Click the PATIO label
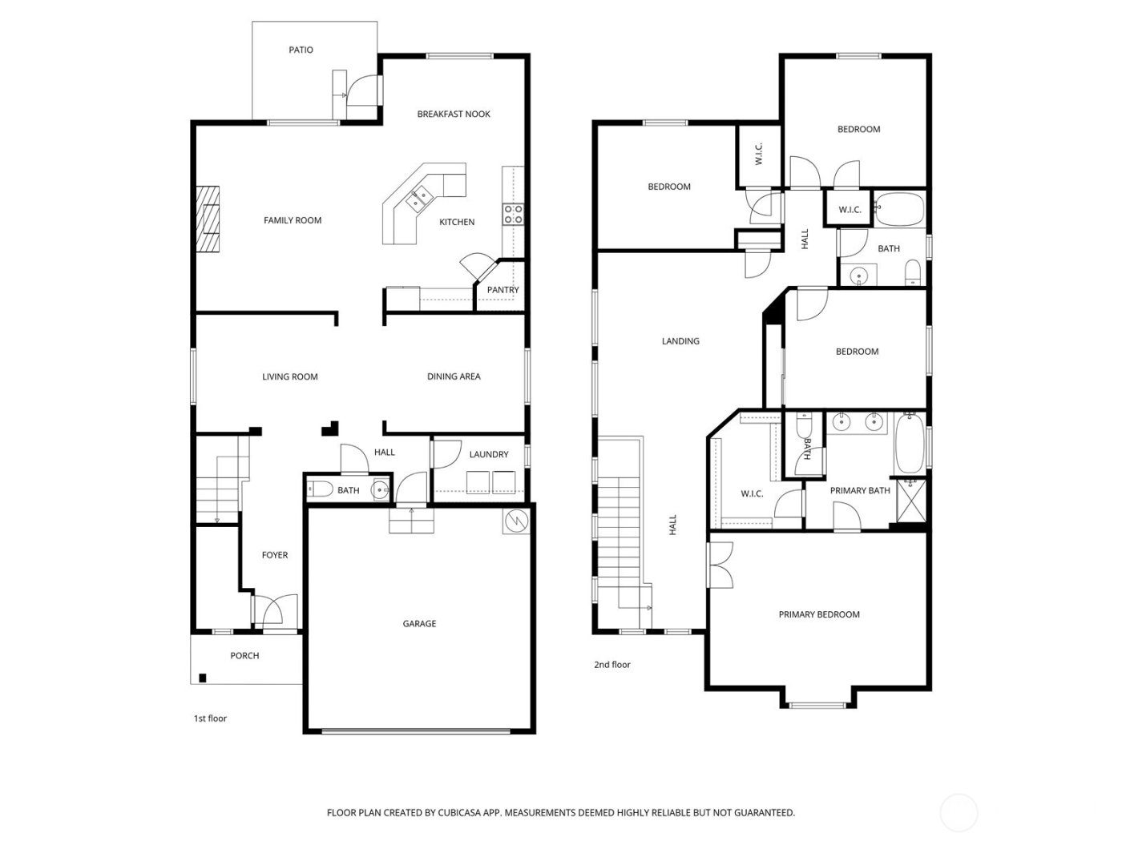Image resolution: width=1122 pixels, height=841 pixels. (x=301, y=50)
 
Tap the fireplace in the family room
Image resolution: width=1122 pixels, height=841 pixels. (x=208, y=219)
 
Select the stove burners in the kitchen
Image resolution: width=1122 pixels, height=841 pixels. (x=512, y=213)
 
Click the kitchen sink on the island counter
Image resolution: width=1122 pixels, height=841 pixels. (x=418, y=197)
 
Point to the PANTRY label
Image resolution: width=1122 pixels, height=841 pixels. (x=502, y=290)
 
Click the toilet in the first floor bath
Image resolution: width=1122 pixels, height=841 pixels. (x=321, y=490)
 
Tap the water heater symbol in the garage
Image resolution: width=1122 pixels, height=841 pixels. (x=518, y=521)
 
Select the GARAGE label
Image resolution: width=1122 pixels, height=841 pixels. (x=419, y=623)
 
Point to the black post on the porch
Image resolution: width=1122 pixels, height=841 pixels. (x=203, y=678)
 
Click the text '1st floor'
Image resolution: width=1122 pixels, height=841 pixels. (x=210, y=718)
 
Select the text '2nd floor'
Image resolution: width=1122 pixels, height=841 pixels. (x=612, y=665)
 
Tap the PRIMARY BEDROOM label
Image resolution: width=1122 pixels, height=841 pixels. (x=819, y=614)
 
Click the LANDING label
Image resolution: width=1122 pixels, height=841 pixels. (x=680, y=341)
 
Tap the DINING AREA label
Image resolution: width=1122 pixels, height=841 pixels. (x=454, y=376)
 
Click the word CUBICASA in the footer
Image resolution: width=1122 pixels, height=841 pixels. (x=460, y=813)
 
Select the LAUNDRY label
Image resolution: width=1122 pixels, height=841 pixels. (x=489, y=454)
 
